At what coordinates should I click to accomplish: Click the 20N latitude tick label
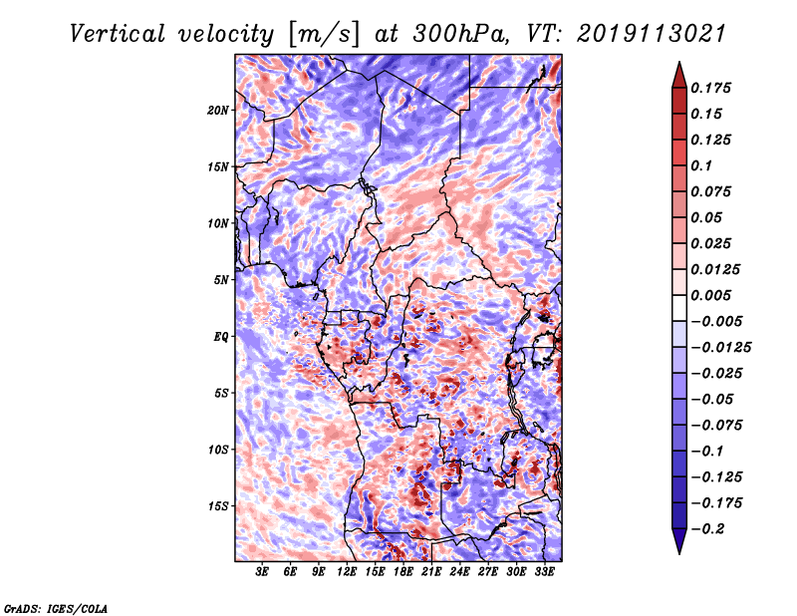[x=218, y=110]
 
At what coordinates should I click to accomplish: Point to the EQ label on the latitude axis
[x=222, y=337]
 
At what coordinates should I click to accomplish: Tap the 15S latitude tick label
[x=218, y=506]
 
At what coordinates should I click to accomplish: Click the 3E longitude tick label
[x=262, y=573]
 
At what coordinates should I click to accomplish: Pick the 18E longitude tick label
[x=403, y=573]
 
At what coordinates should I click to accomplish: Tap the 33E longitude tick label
[x=544, y=573]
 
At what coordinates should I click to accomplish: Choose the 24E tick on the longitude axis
[x=460, y=573]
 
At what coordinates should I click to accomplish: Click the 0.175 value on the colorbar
[x=713, y=88]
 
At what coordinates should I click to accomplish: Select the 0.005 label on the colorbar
[x=713, y=295]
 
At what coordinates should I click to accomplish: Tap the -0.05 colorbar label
[x=713, y=399]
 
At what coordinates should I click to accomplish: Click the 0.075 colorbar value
[x=713, y=191]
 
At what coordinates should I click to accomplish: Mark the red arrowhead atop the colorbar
[x=677, y=73]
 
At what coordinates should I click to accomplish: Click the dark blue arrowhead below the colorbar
[x=677, y=542]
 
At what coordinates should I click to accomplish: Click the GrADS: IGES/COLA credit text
[x=56, y=607]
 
